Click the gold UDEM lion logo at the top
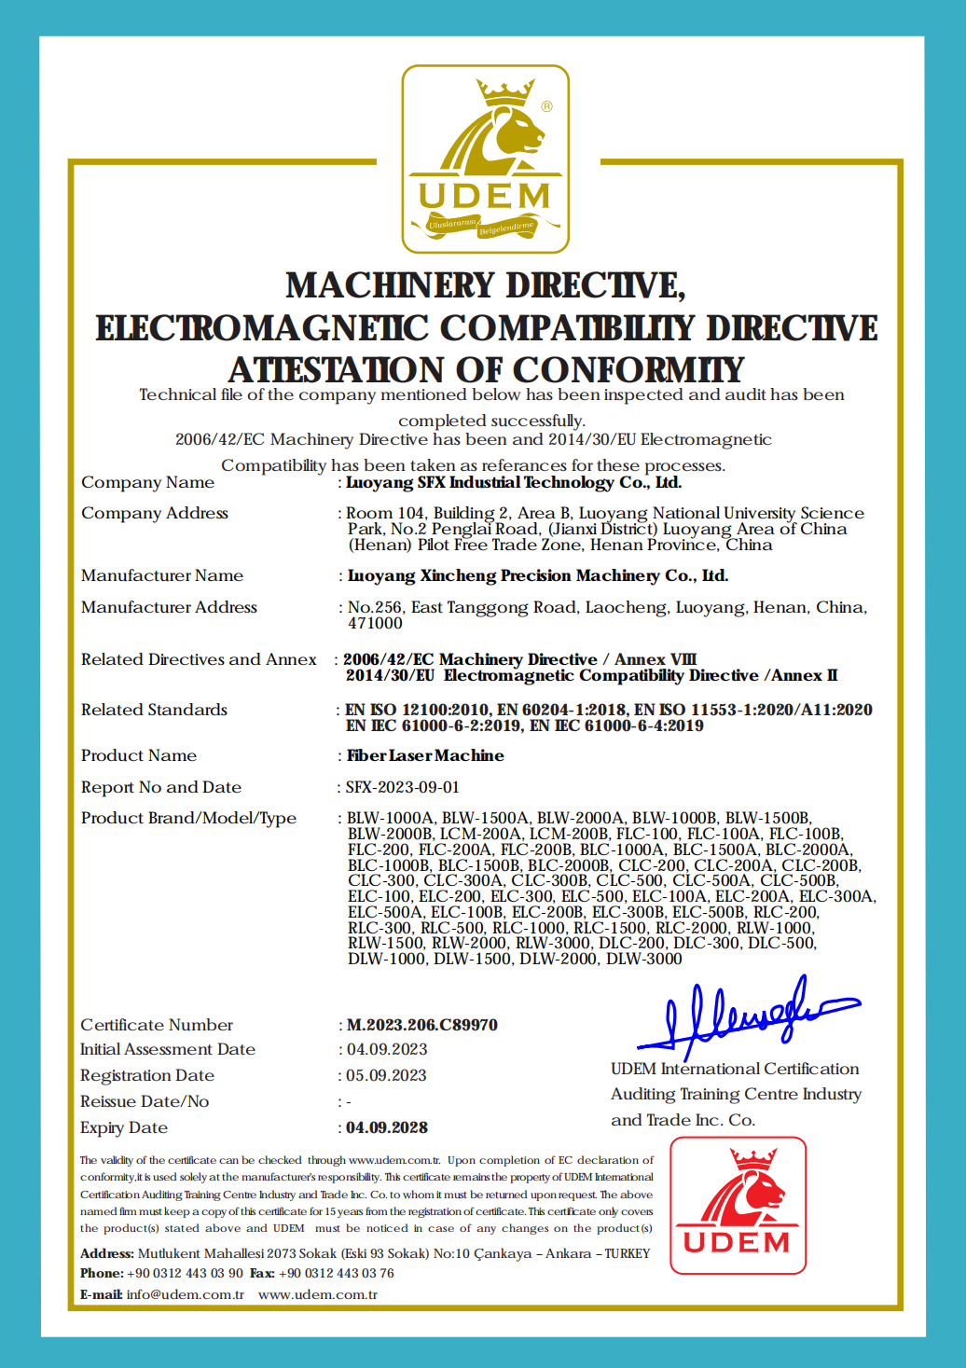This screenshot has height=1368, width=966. click(x=485, y=159)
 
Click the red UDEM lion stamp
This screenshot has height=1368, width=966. click(x=738, y=1205)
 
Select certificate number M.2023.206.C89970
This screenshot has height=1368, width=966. click(x=421, y=1025)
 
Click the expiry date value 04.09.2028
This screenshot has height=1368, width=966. click(x=387, y=1127)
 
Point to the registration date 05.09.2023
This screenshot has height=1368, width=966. click(x=386, y=1075)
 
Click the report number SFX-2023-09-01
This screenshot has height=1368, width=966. click(x=403, y=787)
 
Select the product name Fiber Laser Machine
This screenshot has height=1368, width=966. click(x=425, y=755)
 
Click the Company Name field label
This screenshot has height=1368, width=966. click(x=147, y=482)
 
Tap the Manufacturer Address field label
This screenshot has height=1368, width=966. click(x=169, y=607)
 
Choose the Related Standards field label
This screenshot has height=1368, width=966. click(x=154, y=710)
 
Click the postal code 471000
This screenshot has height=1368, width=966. click(x=375, y=623)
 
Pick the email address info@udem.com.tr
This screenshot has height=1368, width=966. click(x=185, y=1294)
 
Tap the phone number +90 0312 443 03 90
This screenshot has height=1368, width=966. click(x=185, y=1273)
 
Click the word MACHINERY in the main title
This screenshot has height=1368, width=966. click(x=391, y=285)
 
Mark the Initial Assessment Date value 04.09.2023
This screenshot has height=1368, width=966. click(x=387, y=1049)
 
